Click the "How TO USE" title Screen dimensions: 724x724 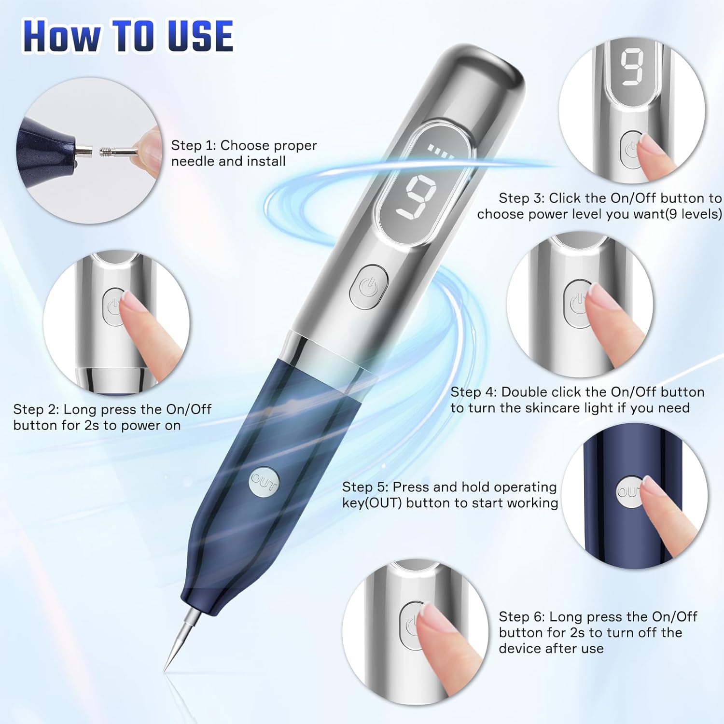pyautogui.click(x=128, y=36)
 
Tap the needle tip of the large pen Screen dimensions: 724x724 pyautogui.click(x=165, y=670)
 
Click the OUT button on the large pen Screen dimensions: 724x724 pyautogui.click(x=264, y=481)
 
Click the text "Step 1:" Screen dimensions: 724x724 pyautogui.click(x=194, y=145)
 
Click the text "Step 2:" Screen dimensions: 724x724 pyautogui.click(x=36, y=409)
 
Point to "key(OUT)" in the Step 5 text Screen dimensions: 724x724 pyautogui.click(x=372, y=503)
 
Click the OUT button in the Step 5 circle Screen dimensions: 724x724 pyautogui.click(x=629, y=491)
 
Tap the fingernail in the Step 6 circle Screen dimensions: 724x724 pyautogui.click(x=433, y=617)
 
